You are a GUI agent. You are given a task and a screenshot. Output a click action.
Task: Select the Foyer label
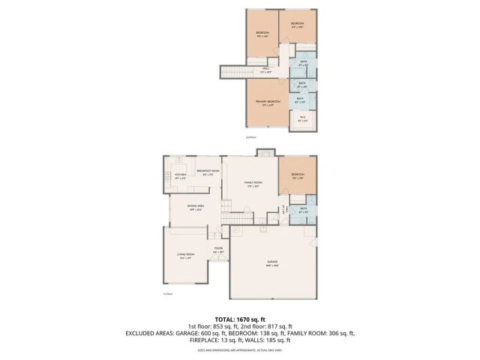click(x=218, y=250)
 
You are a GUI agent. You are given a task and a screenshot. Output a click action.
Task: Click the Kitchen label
click(x=180, y=176)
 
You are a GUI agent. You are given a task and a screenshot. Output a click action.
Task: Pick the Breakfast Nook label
click(x=208, y=172)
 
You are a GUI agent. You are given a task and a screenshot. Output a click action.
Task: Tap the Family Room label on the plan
click(x=253, y=184)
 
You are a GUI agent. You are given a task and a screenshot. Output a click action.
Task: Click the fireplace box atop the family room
click(x=264, y=153)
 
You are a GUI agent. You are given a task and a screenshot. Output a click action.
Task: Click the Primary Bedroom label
click(x=268, y=101)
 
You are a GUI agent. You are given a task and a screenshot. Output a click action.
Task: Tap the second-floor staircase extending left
click(x=232, y=72)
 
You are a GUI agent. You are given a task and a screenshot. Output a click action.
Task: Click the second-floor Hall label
click(x=265, y=71)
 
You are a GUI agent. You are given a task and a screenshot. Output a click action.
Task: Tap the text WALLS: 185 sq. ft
click(x=273, y=340)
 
